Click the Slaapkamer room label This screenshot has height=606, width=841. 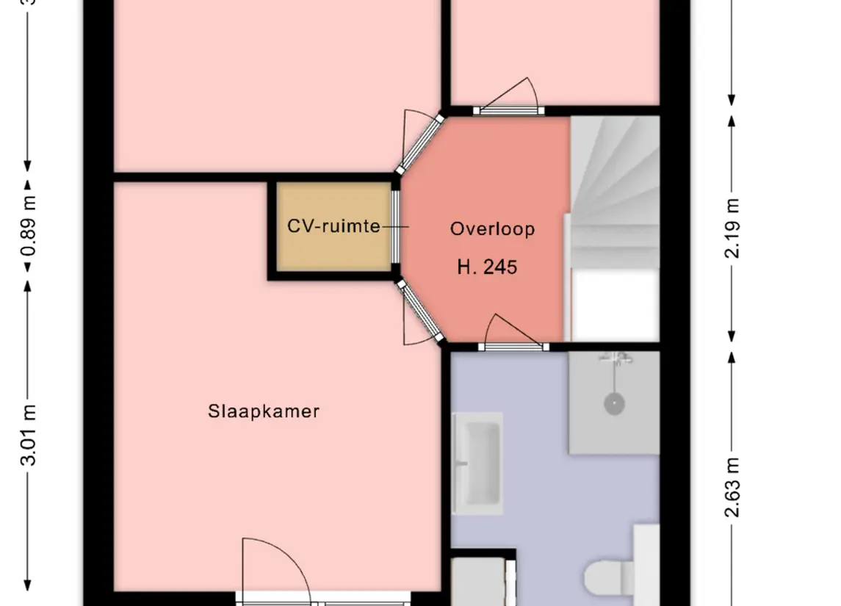click(264, 411)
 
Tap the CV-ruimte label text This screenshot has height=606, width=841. click(333, 226)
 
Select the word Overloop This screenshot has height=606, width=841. click(492, 229)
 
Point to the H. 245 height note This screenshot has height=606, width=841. click(487, 267)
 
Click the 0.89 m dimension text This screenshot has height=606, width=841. click(29, 226)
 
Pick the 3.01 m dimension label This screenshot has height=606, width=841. click(29, 435)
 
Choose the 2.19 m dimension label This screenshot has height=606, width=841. click(732, 228)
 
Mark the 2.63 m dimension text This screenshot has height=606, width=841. click(732, 488)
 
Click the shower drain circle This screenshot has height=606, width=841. click(614, 403)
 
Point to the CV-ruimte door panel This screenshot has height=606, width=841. click(395, 226)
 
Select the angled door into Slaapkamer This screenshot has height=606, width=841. click(422, 313)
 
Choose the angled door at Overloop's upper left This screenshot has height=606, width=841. click(422, 143)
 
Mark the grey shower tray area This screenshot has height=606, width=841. click(614, 403)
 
